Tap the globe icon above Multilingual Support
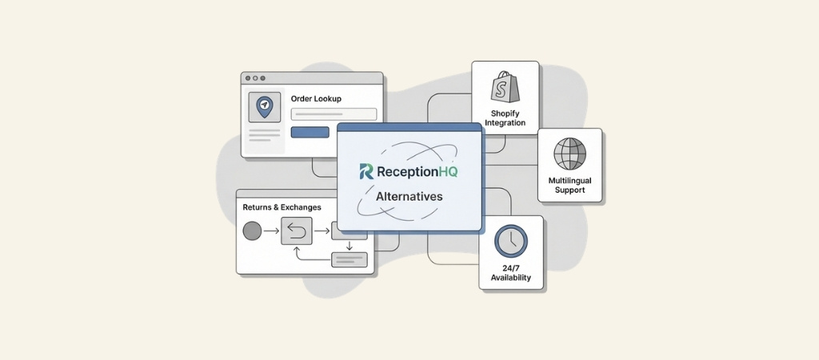click(x=569, y=154)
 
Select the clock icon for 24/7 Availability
click(x=510, y=241)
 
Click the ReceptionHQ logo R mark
click(x=366, y=171)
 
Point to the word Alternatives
click(x=409, y=196)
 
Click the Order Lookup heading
click(x=316, y=98)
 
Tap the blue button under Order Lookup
click(x=310, y=132)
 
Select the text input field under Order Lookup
click(x=334, y=114)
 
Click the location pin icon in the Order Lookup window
click(x=264, y=106)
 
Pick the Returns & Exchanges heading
click(x=282, y=207)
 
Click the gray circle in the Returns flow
click(x=252, y=232)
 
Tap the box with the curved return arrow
click(x=296, y=232)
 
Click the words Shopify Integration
click(x=505, y=118)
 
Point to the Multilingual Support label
click(x=569, y=186)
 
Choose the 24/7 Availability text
click(x=511, y=273)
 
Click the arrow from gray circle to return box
click(x=272, y=232)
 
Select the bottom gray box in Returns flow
click(x=349, y=259)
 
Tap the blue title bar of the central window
click(x=409, y=127)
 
